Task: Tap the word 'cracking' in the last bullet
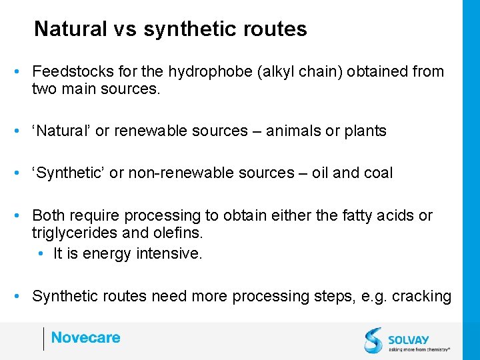(421, 296)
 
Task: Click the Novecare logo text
(85, 337)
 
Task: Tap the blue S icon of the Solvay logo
(373, 339)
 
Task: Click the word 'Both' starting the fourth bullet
(47, 216)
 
